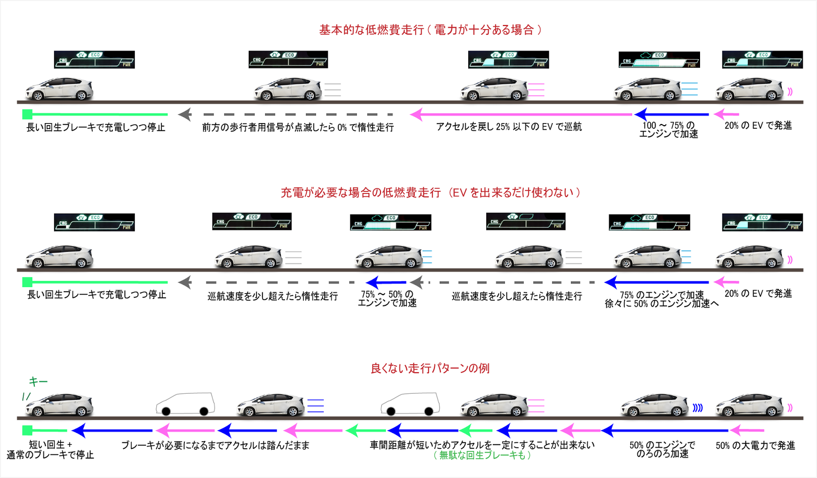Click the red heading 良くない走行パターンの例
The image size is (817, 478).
[430, 368]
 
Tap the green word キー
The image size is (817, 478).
[38, 381]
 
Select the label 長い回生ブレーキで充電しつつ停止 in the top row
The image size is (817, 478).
[96, 127]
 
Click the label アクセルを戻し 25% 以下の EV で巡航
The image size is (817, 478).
[509, 127]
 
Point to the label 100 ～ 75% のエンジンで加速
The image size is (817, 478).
[668, 130]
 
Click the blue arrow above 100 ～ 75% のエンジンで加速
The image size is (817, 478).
[671, 114]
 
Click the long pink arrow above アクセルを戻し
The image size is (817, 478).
[521, 114]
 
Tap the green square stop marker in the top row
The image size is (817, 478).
[28, 114]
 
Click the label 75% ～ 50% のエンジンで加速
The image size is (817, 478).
[387, 299]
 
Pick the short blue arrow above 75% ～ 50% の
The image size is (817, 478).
[386, 282]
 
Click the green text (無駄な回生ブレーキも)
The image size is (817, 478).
[482, 455]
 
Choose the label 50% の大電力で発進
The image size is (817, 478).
[755, 445]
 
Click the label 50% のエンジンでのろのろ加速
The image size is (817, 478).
[662, 449]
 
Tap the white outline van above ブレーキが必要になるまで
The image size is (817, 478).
[185, 404]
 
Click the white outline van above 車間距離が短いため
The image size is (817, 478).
[410, 404]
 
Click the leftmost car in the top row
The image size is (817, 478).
[59, 89]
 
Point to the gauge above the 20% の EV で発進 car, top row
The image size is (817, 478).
[762, 59]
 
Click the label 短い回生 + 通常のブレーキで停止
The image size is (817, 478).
[51, 450]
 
